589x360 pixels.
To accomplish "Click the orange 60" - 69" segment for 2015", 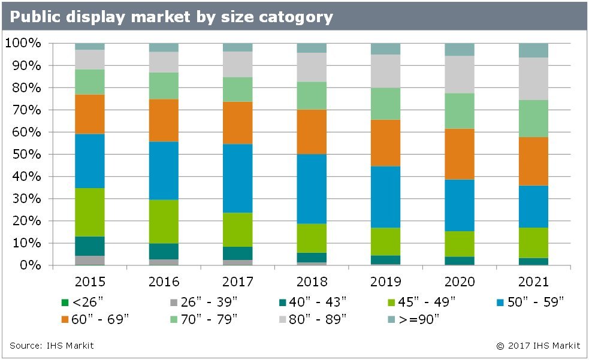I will pyautogui.click(x=89, y=114).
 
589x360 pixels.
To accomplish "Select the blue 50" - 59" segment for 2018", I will pyautogui.click(x=312, y=189).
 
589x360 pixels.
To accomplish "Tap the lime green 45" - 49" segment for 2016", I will pyautogui.click(x=164, y=221).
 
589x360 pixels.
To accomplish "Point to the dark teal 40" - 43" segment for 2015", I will pyautogui.click(x=89, y=246).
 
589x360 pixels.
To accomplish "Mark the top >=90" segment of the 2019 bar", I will pyautogui.click(x=385, y=49).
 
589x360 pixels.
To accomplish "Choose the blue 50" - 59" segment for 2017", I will pyautogui.click(x=237, y=178).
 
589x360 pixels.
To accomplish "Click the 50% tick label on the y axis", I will pyautogui.click(x=23, y=155).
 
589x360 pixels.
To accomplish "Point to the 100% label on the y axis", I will pyautogui.click(x=22, y=43).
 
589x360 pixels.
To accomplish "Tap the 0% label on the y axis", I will pyautogui.click(x=27, y=265).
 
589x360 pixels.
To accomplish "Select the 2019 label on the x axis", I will pyautogui.click(x=385, y=282).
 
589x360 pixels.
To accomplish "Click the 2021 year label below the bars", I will pyautogui.click(x=533, y=282).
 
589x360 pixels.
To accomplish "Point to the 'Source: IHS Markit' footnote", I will pyautogui.click(x=52, y=346).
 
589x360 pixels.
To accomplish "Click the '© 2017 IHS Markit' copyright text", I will pyautogui.click(x=537, y=346).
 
